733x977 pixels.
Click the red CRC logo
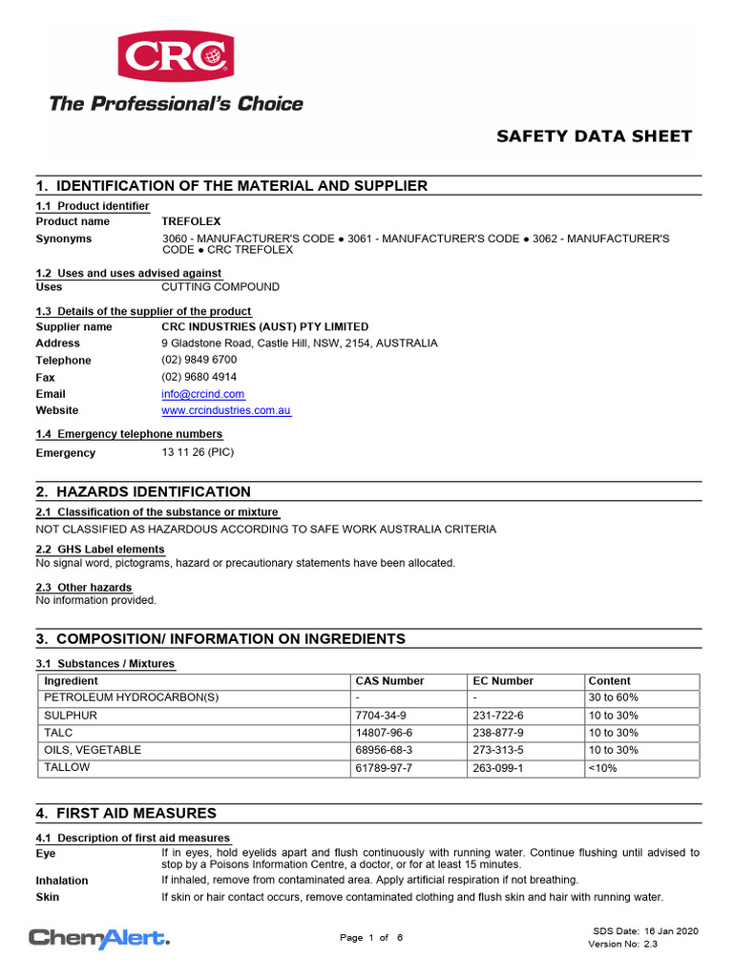point(176,56)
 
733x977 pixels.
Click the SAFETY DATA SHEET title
point(594,136)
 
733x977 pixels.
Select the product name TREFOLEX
point(191,221)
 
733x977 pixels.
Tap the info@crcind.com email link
point(203,394)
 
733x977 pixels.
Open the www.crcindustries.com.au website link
point(226,411)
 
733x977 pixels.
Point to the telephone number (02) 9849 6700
point(199,361)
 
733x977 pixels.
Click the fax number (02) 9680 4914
point(199,378)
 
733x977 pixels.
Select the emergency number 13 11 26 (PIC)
point(198,453)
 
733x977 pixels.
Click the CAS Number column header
point(389,681)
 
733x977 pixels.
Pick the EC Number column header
point(503,681)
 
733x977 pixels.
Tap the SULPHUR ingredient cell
point(71,716)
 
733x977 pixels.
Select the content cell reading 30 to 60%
point(614,698)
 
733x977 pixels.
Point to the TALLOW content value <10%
point(602,768)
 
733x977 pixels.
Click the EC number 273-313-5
point(498,751)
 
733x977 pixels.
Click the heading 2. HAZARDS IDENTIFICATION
point(143,492)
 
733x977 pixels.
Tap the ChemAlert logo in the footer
point(99,939)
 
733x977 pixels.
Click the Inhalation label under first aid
point(62,881)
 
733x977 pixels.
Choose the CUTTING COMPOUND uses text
point(220,287)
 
